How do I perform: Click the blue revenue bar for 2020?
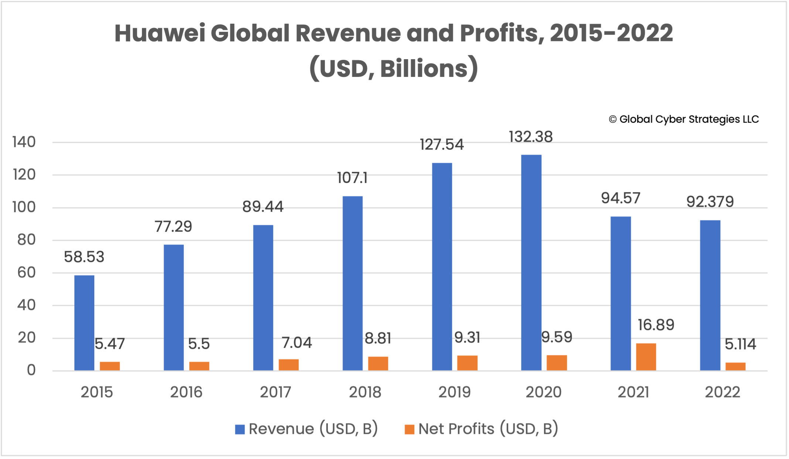[531, 262]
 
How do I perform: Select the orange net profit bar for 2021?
[646, 357]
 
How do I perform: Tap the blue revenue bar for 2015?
[84, 323]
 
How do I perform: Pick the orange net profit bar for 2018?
[378, 363]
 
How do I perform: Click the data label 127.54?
[442, 144]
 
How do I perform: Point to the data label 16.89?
[656, 325]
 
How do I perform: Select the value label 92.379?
[710, 202]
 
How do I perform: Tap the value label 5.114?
[740, 344]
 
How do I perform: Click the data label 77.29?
[173, 227]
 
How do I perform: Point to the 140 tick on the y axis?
[24, 142]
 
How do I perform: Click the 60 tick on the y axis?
[26, 273]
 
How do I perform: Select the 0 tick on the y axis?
[31, 370]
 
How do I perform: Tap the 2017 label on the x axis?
[275, 392]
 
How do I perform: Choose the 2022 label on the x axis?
[722, 392]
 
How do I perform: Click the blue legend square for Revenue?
[240, 429]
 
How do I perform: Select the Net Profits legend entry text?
[488, 429]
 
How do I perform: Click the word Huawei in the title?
[160, 33]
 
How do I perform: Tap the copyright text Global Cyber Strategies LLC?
[688, 119]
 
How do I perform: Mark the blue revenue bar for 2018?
[353, 283]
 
